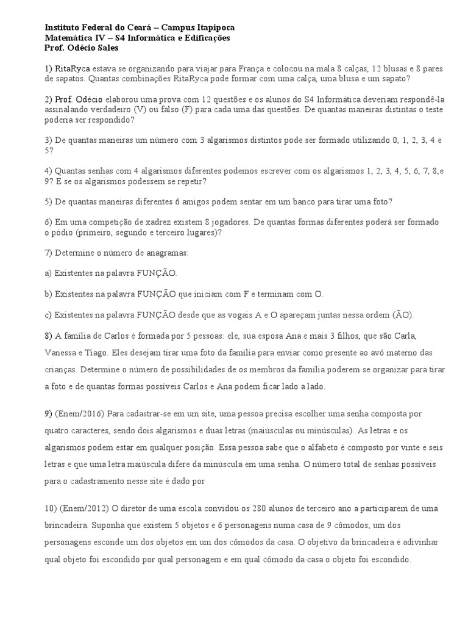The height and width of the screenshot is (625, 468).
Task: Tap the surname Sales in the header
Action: (112, 48)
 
